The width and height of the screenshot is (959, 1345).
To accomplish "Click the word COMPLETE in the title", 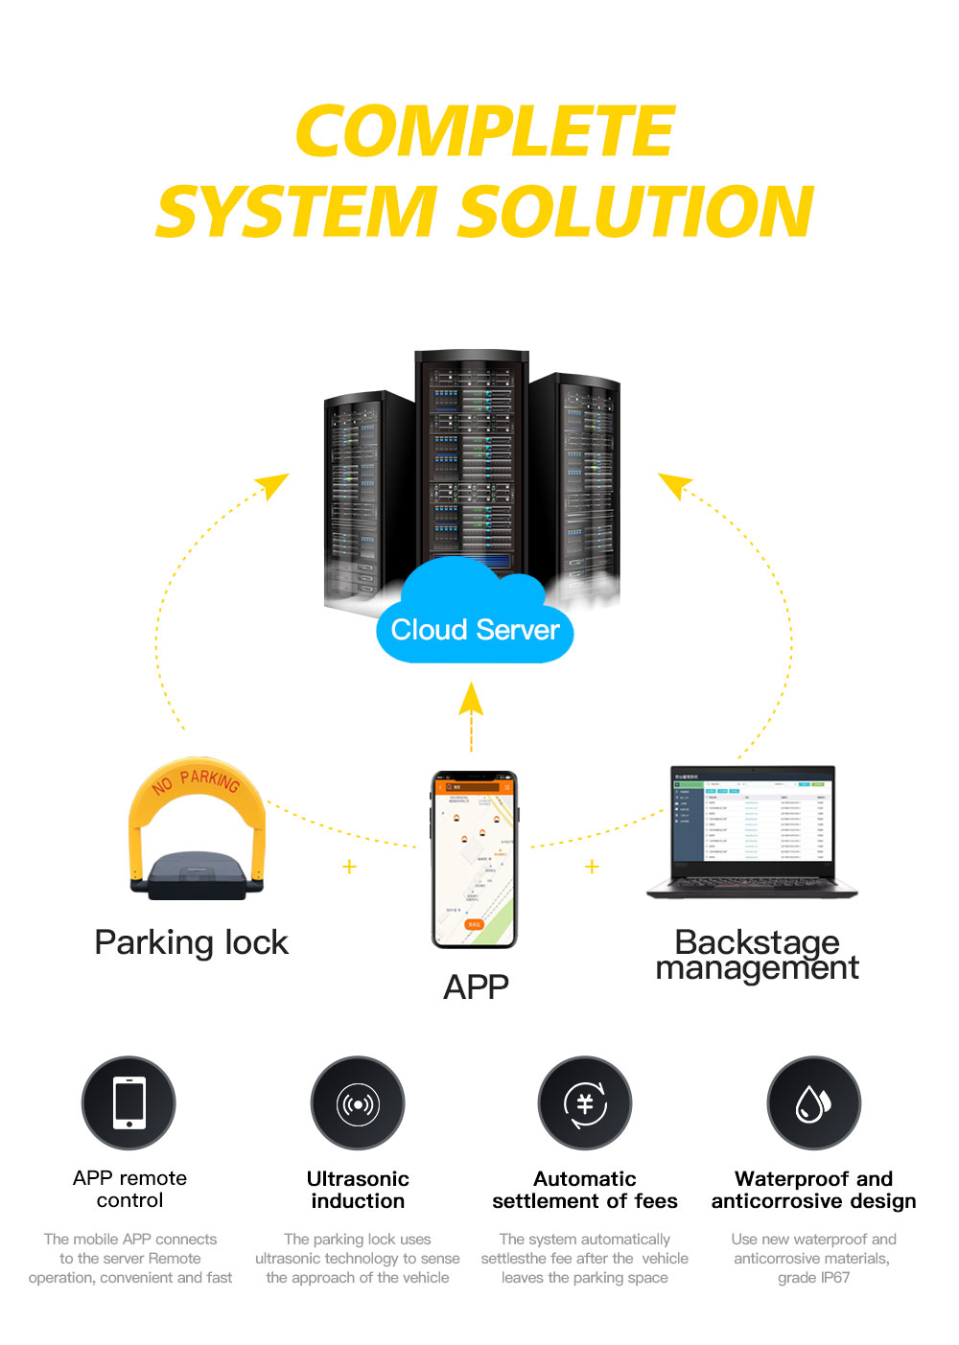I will pos(484,131).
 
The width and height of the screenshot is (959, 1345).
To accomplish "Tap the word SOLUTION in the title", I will pos(636,212).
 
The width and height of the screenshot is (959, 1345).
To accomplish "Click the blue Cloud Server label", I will pos(475,630).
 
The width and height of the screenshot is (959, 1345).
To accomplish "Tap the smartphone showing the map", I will pos(474,859).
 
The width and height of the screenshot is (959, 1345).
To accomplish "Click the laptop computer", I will pos(753,832).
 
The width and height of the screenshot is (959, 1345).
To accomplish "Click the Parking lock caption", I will pos(191,942).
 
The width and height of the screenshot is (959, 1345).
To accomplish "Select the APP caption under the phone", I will pos(476,986).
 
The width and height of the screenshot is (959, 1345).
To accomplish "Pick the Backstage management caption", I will pos(757,955).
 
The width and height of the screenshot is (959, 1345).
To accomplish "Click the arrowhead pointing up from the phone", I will pos(471,698).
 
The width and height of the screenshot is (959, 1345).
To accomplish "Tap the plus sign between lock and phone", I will pos(349,867).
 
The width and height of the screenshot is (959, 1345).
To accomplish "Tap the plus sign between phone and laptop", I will pos(592,867).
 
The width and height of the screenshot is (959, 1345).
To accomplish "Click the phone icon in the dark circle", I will pos(129,1103).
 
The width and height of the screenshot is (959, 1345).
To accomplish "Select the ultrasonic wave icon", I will pos(358,1104).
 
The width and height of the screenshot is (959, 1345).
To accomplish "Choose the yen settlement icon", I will pos(585,1104).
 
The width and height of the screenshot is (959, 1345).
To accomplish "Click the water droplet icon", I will pos(813,1104).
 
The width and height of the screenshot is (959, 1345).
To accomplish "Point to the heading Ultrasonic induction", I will pos(358,1190).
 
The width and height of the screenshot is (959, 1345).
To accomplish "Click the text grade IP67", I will pos(813,1278).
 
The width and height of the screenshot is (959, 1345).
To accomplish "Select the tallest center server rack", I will pos(472,465).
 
